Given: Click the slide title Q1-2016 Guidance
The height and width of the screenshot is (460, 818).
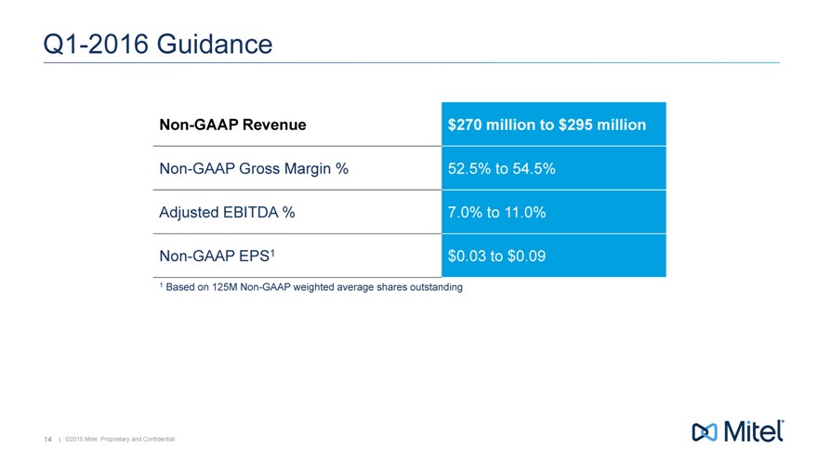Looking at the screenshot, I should pyautogui.click(x=158, y=44).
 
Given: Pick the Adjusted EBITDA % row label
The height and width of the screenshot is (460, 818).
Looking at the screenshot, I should pyautogui.click(x=227, y=212).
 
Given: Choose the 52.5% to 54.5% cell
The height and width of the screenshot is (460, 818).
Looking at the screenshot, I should pyautogui.click(x=502, y=168).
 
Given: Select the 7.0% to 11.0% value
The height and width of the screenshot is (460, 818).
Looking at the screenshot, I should pyautogui.click(x=496, y=212).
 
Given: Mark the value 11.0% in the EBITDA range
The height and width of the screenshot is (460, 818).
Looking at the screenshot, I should pyautogui.click(x=522, y=212).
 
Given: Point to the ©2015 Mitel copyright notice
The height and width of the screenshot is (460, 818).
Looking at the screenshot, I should pyautogui.click(x=120, y=439).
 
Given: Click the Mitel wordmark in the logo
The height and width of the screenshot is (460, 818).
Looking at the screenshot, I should pyautogui.click(x=754, y=431).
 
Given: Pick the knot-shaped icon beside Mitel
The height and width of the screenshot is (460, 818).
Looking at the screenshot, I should pyautogui.click(x=706, y=432).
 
